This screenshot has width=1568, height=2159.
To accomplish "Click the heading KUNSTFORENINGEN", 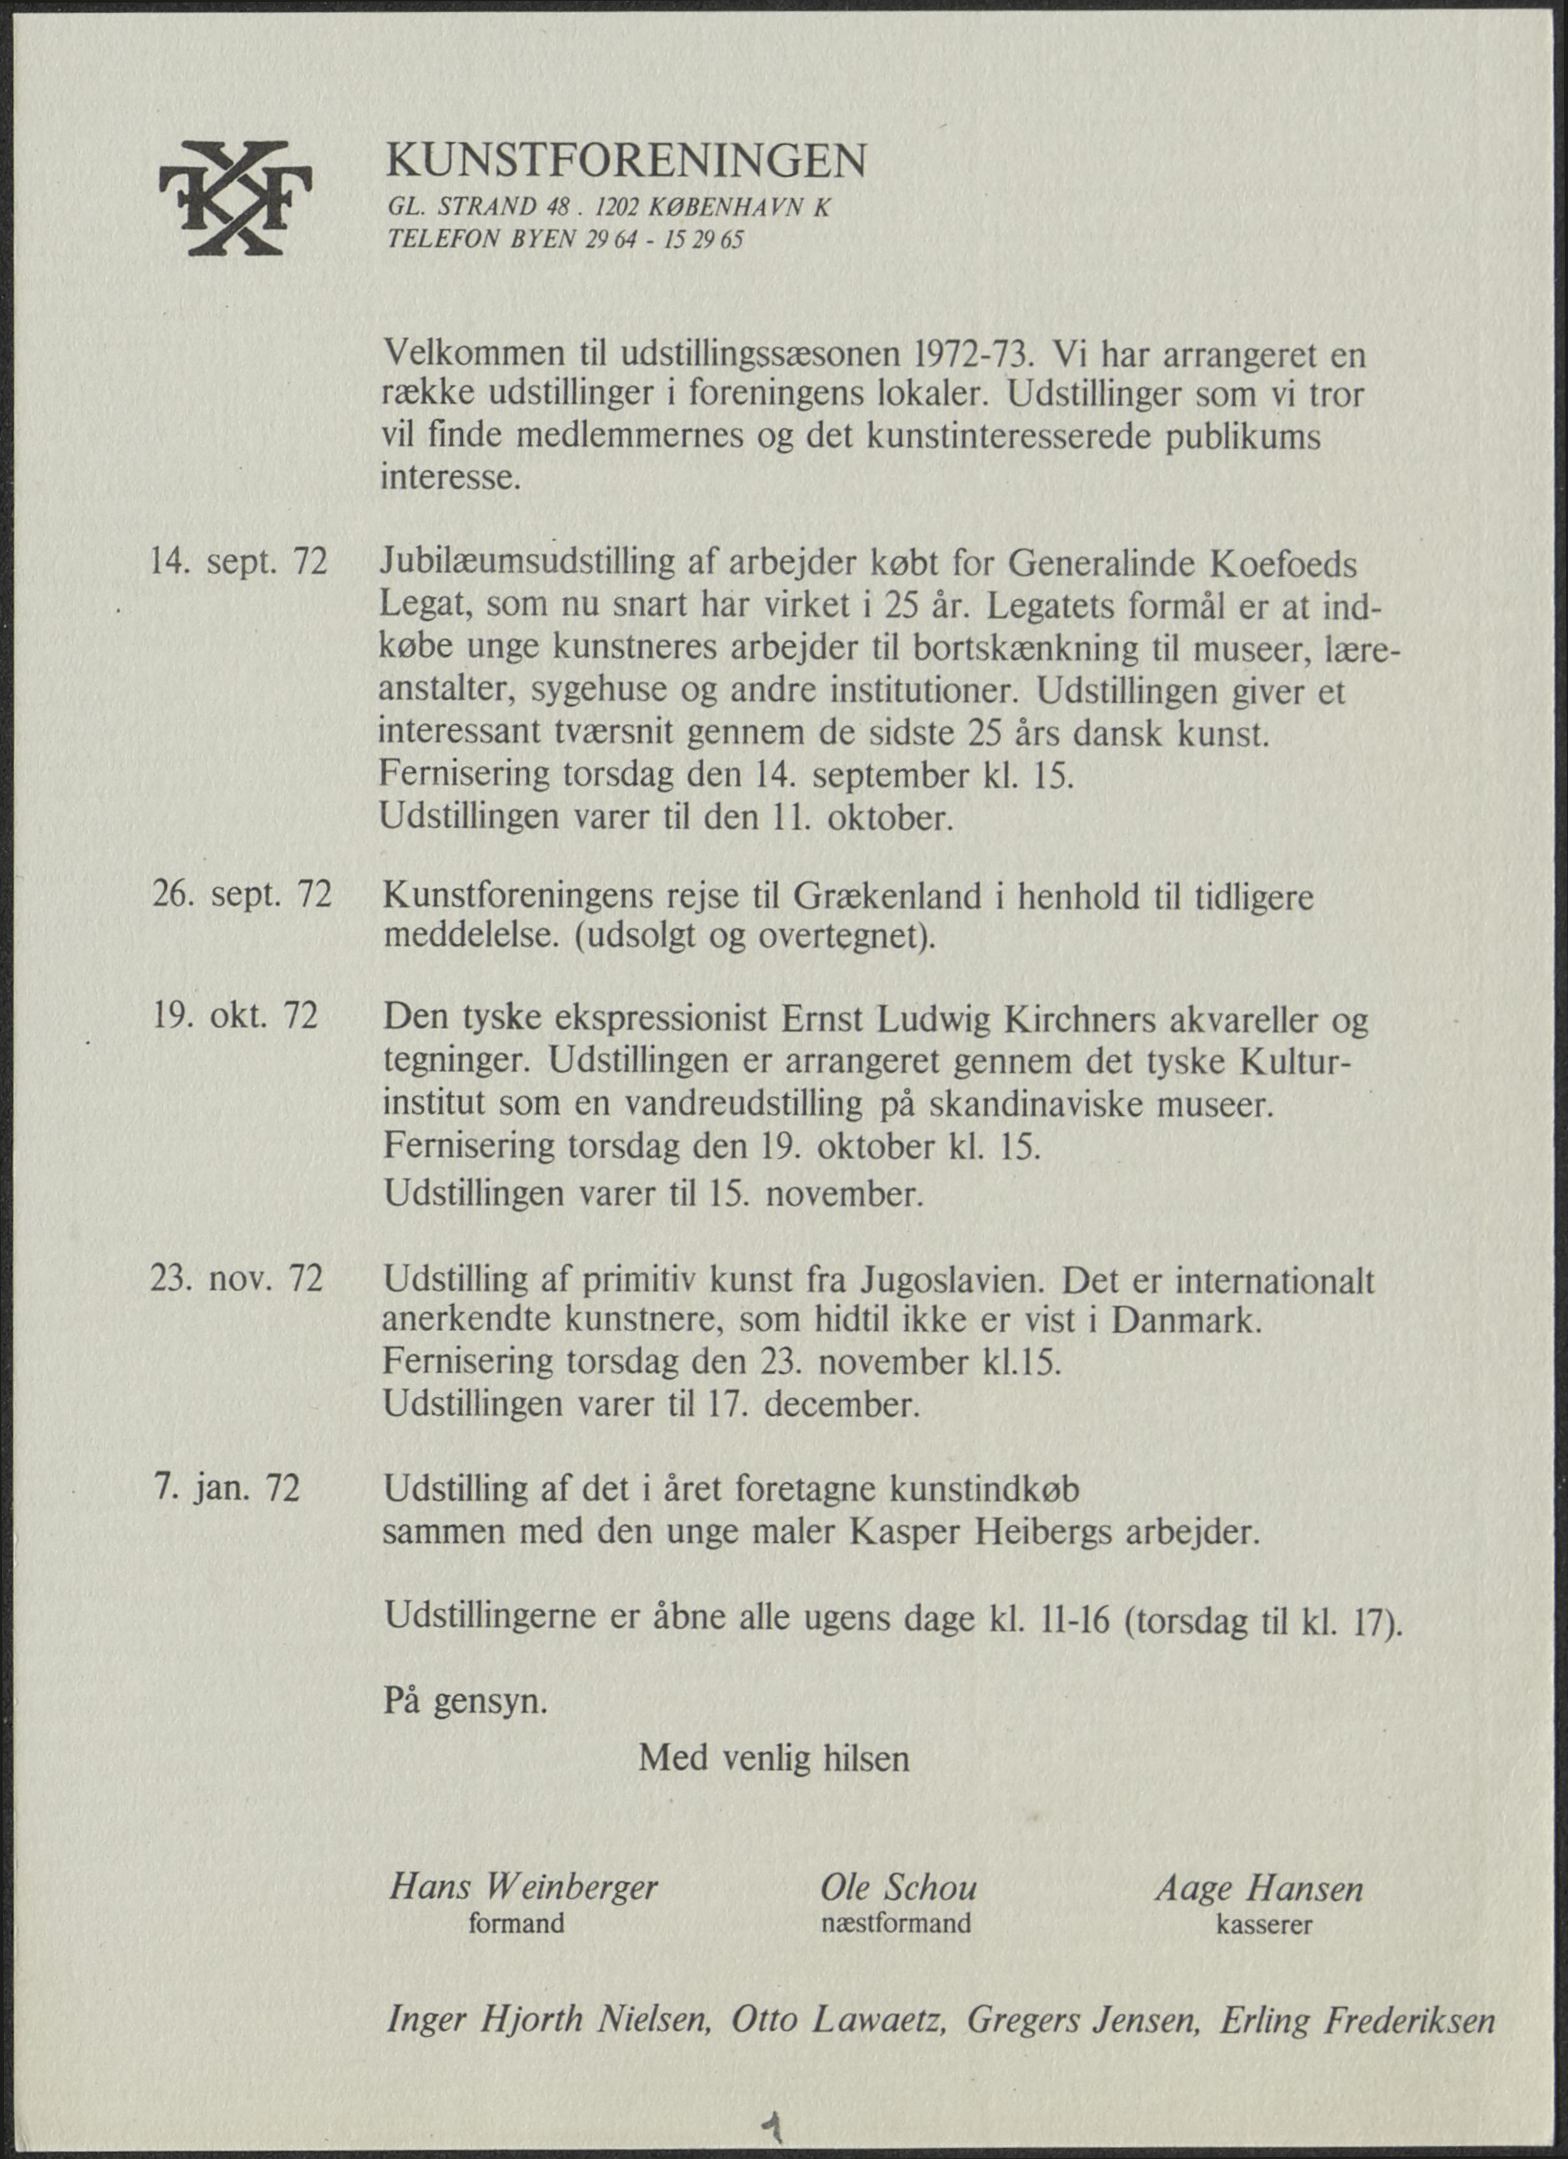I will pos(625,162).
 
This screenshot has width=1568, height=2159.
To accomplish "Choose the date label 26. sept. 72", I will pos(242,895).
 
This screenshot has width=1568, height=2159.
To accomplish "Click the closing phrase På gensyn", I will pos(465,1700).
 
